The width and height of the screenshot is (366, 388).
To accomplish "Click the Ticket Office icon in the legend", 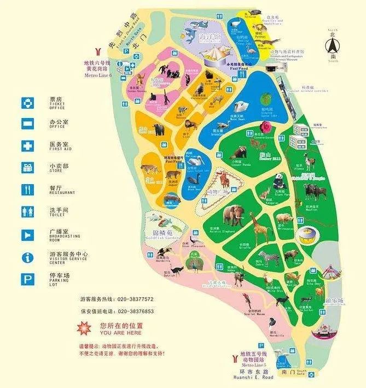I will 27,102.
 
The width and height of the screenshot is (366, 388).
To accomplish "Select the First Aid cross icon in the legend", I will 27,146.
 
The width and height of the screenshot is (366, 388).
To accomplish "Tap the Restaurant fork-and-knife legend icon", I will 27,190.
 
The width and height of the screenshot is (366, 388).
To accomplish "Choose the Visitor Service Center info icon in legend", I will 27,257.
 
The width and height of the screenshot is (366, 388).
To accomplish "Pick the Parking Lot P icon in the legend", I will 27,279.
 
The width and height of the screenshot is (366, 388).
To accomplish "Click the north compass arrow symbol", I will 332,44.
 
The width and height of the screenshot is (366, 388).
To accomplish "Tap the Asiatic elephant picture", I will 234,214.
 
